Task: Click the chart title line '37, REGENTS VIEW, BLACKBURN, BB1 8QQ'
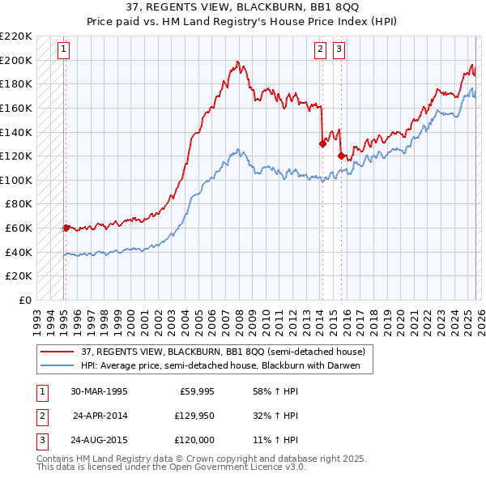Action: [x=243, y=7]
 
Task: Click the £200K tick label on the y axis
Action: [x=17, y=60]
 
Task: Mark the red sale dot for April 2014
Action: [x=322, y=144]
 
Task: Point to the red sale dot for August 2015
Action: [x=341, y=156]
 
